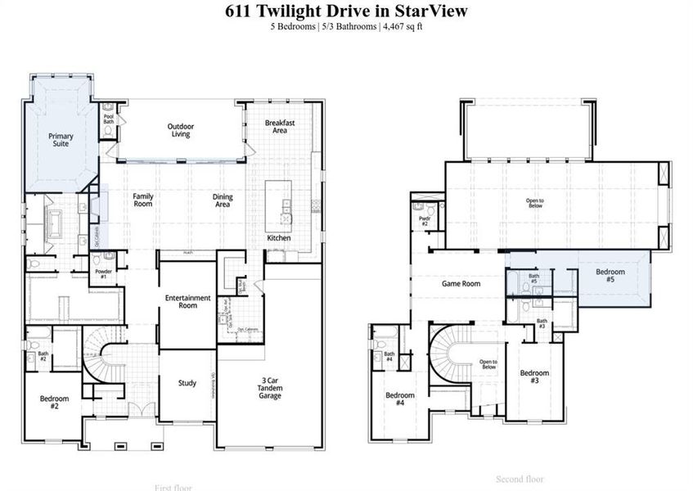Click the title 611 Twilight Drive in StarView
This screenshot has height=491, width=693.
point(346,11)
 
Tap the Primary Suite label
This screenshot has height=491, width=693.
point(61,140)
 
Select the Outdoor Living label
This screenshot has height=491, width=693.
point(181,130)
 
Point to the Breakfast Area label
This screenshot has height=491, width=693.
point(280,126)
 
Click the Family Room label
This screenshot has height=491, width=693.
point(143,200)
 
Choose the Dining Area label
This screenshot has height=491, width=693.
point(223,200)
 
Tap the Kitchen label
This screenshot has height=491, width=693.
point(279,238)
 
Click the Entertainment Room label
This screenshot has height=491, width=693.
point(188,301)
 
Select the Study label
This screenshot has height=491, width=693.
point(187,382)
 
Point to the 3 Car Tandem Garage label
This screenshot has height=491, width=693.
point(270,389)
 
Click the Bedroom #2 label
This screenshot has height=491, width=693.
point(54,402)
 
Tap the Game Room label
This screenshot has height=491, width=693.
point(461,284)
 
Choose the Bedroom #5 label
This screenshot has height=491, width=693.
point(610,276)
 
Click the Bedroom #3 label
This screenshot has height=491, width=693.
point(534,377)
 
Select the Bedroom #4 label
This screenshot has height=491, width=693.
point(400,399)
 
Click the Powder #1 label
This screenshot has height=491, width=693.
point(102,274)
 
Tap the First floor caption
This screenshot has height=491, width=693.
point(173,487)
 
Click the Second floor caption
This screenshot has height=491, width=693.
point(519,479)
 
